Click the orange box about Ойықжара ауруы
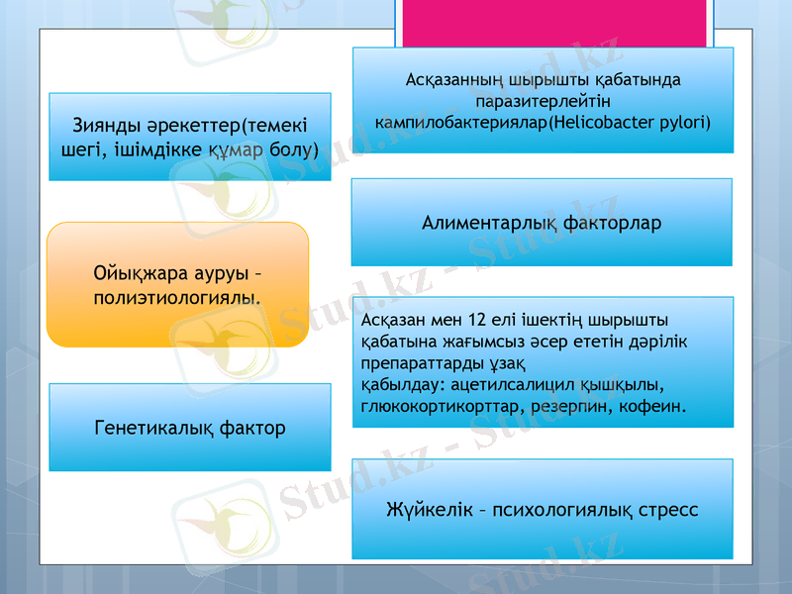point(178,284)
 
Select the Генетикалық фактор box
point(190,428)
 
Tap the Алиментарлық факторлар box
point(542,223)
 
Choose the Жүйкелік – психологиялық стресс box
point(542,510)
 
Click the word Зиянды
point(105,127)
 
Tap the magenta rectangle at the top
point(554,22)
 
